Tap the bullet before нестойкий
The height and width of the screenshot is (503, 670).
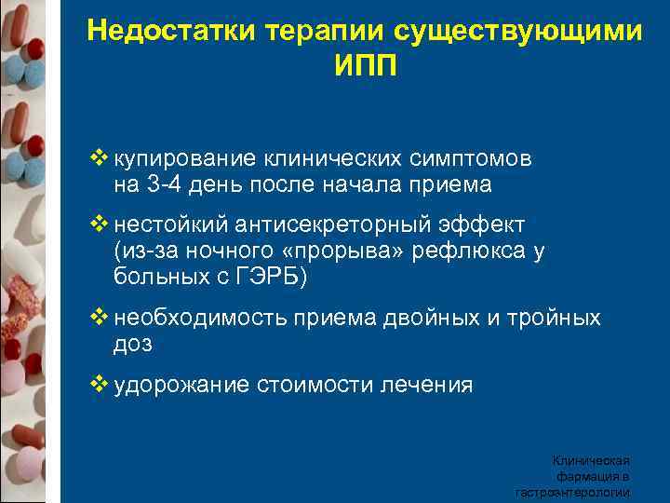coord(101,225)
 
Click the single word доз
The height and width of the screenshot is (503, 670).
coord(132,344)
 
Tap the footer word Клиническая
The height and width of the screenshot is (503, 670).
coord(593,460)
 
